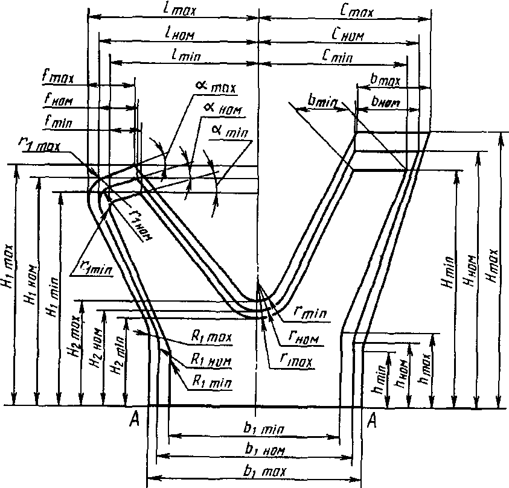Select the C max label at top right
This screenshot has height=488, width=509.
tap(356, 10)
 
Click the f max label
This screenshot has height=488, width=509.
tap(58, 78)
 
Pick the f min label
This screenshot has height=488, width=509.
tap(58, 122)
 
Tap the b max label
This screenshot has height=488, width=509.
tap(384, 80)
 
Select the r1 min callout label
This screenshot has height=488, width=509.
tap(93, 267)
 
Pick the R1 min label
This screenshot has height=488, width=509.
tap(211, 382)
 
